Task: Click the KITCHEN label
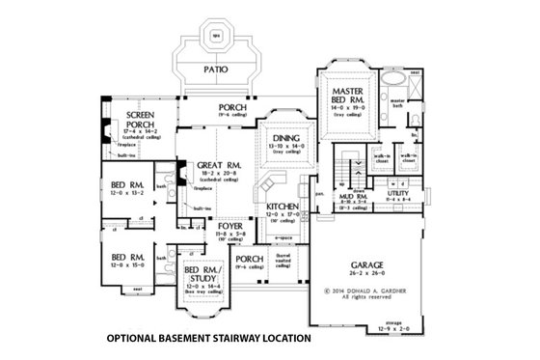pos(278,207)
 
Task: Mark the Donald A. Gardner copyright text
pos(361,290)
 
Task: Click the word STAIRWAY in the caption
pos(237,339)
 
